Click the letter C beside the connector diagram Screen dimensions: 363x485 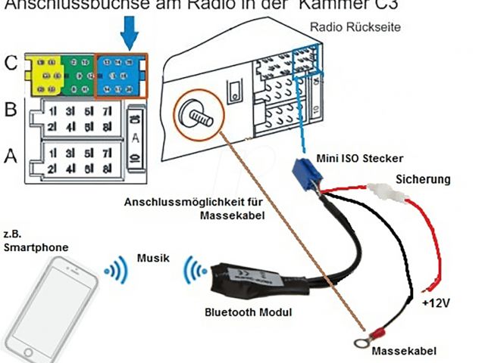tap(11, 64)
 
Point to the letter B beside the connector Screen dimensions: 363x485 tap(11, 110)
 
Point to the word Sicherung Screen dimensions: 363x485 tap(423, 180)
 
